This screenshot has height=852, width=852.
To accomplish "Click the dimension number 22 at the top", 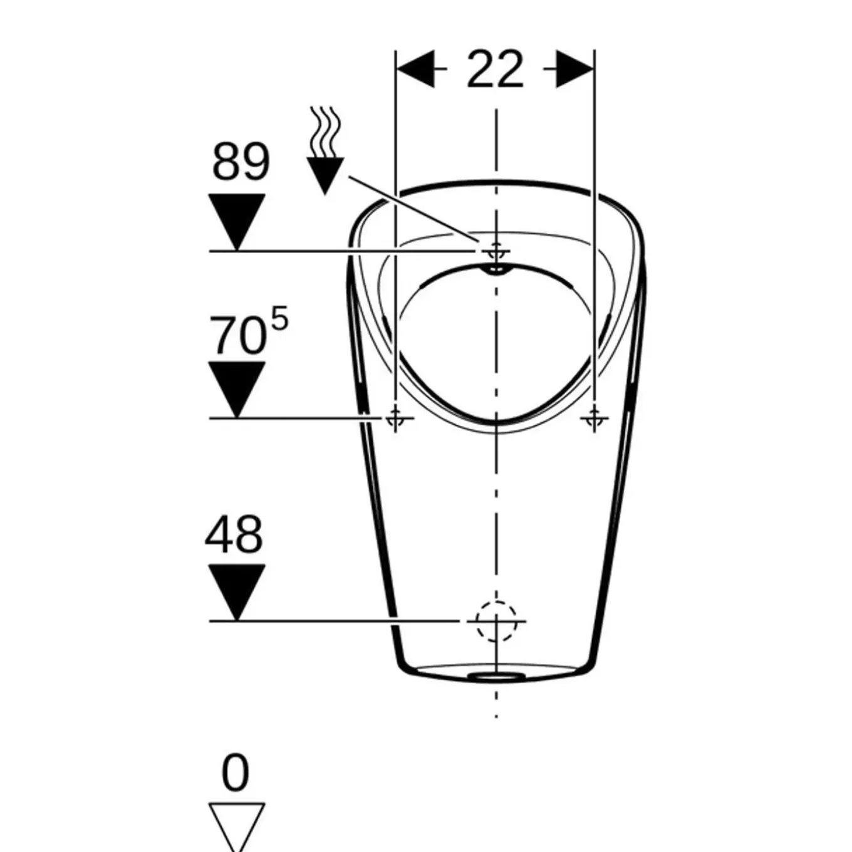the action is tap(495, 70).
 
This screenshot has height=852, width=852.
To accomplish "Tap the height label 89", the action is tap(241, 162).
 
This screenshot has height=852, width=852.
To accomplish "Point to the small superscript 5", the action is tap(279, 318).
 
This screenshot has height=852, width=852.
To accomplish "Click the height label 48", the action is tap(234, 534).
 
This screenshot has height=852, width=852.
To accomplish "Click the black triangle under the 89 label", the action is tap(237, 222).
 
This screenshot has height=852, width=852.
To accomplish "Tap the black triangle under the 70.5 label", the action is tap(237, 390).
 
